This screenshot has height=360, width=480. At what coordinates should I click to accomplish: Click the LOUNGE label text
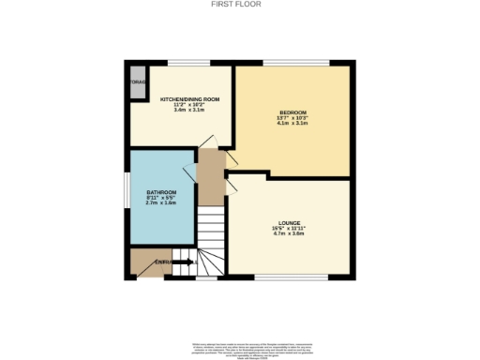[x=289, y=223]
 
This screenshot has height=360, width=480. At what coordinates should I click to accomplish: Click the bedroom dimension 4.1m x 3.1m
[x=292, y=123]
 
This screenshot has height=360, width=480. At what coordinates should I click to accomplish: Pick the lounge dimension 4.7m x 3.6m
[x=289, y=233]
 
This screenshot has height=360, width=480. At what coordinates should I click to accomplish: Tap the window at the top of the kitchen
[x=188, y=64]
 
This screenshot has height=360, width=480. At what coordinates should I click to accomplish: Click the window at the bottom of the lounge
[x=291, y=277]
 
